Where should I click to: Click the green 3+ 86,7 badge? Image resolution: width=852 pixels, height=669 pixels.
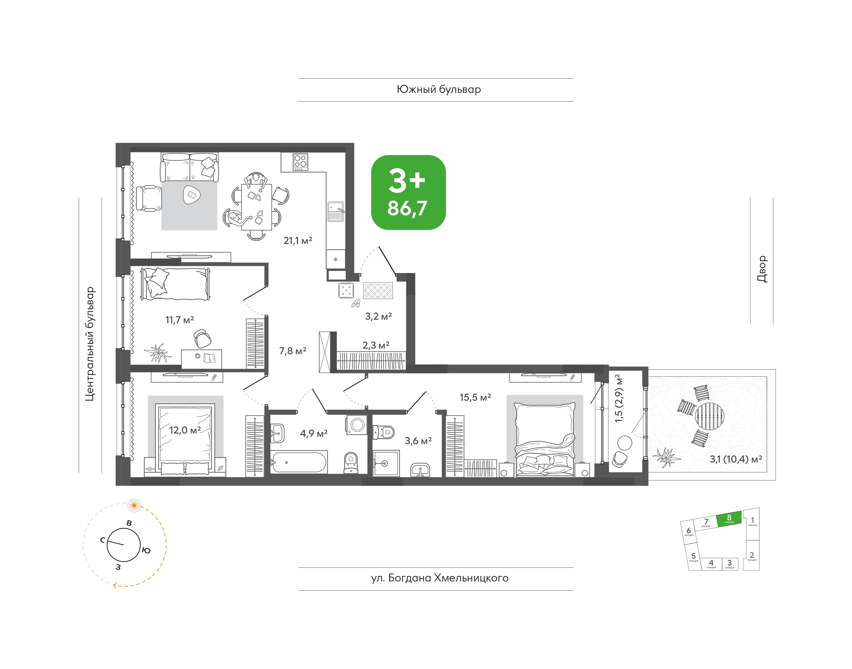tap(408, 192)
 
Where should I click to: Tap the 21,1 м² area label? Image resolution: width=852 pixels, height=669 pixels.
tap(298, 240)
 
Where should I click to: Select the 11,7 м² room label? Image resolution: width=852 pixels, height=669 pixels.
tap(179, 320)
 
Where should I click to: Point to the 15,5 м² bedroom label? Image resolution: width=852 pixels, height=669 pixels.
tap(475, 397)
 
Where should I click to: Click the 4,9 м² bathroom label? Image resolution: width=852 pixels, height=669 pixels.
tap(314, 433)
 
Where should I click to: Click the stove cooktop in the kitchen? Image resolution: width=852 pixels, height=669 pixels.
tap(300, 162)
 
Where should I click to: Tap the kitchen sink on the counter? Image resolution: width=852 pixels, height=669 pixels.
tap(336, 211)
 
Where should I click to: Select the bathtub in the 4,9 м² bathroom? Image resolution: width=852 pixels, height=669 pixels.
tap(299, 462)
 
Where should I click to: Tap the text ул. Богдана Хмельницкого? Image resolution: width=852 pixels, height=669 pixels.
tap(440, 578)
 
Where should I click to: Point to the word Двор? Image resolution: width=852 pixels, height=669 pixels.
tap(762, 269)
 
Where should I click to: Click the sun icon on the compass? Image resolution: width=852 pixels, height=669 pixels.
tap(134, 506)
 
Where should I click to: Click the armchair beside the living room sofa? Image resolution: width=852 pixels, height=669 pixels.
tap(149, 198)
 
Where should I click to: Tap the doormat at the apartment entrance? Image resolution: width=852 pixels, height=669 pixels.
tap(378, 291)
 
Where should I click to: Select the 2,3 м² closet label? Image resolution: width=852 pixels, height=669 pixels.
tap(376, 345)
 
